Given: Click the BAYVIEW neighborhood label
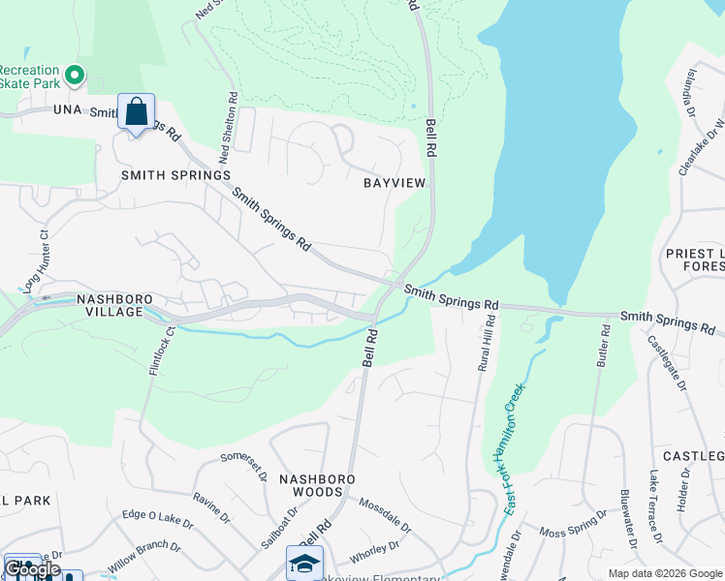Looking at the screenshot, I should click(x=394, y=183).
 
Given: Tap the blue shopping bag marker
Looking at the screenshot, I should click(x=136, y=111).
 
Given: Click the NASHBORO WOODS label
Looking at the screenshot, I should click(x=318, y=486).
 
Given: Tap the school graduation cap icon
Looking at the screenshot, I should click(x=304, y=563).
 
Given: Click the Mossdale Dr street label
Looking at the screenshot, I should click(x=385, y=516).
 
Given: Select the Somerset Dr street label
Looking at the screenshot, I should click(x=243, y=466).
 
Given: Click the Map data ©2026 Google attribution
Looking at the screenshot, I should click(x=664, y=573).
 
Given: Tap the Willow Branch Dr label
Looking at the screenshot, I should click(x=144, y=559).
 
